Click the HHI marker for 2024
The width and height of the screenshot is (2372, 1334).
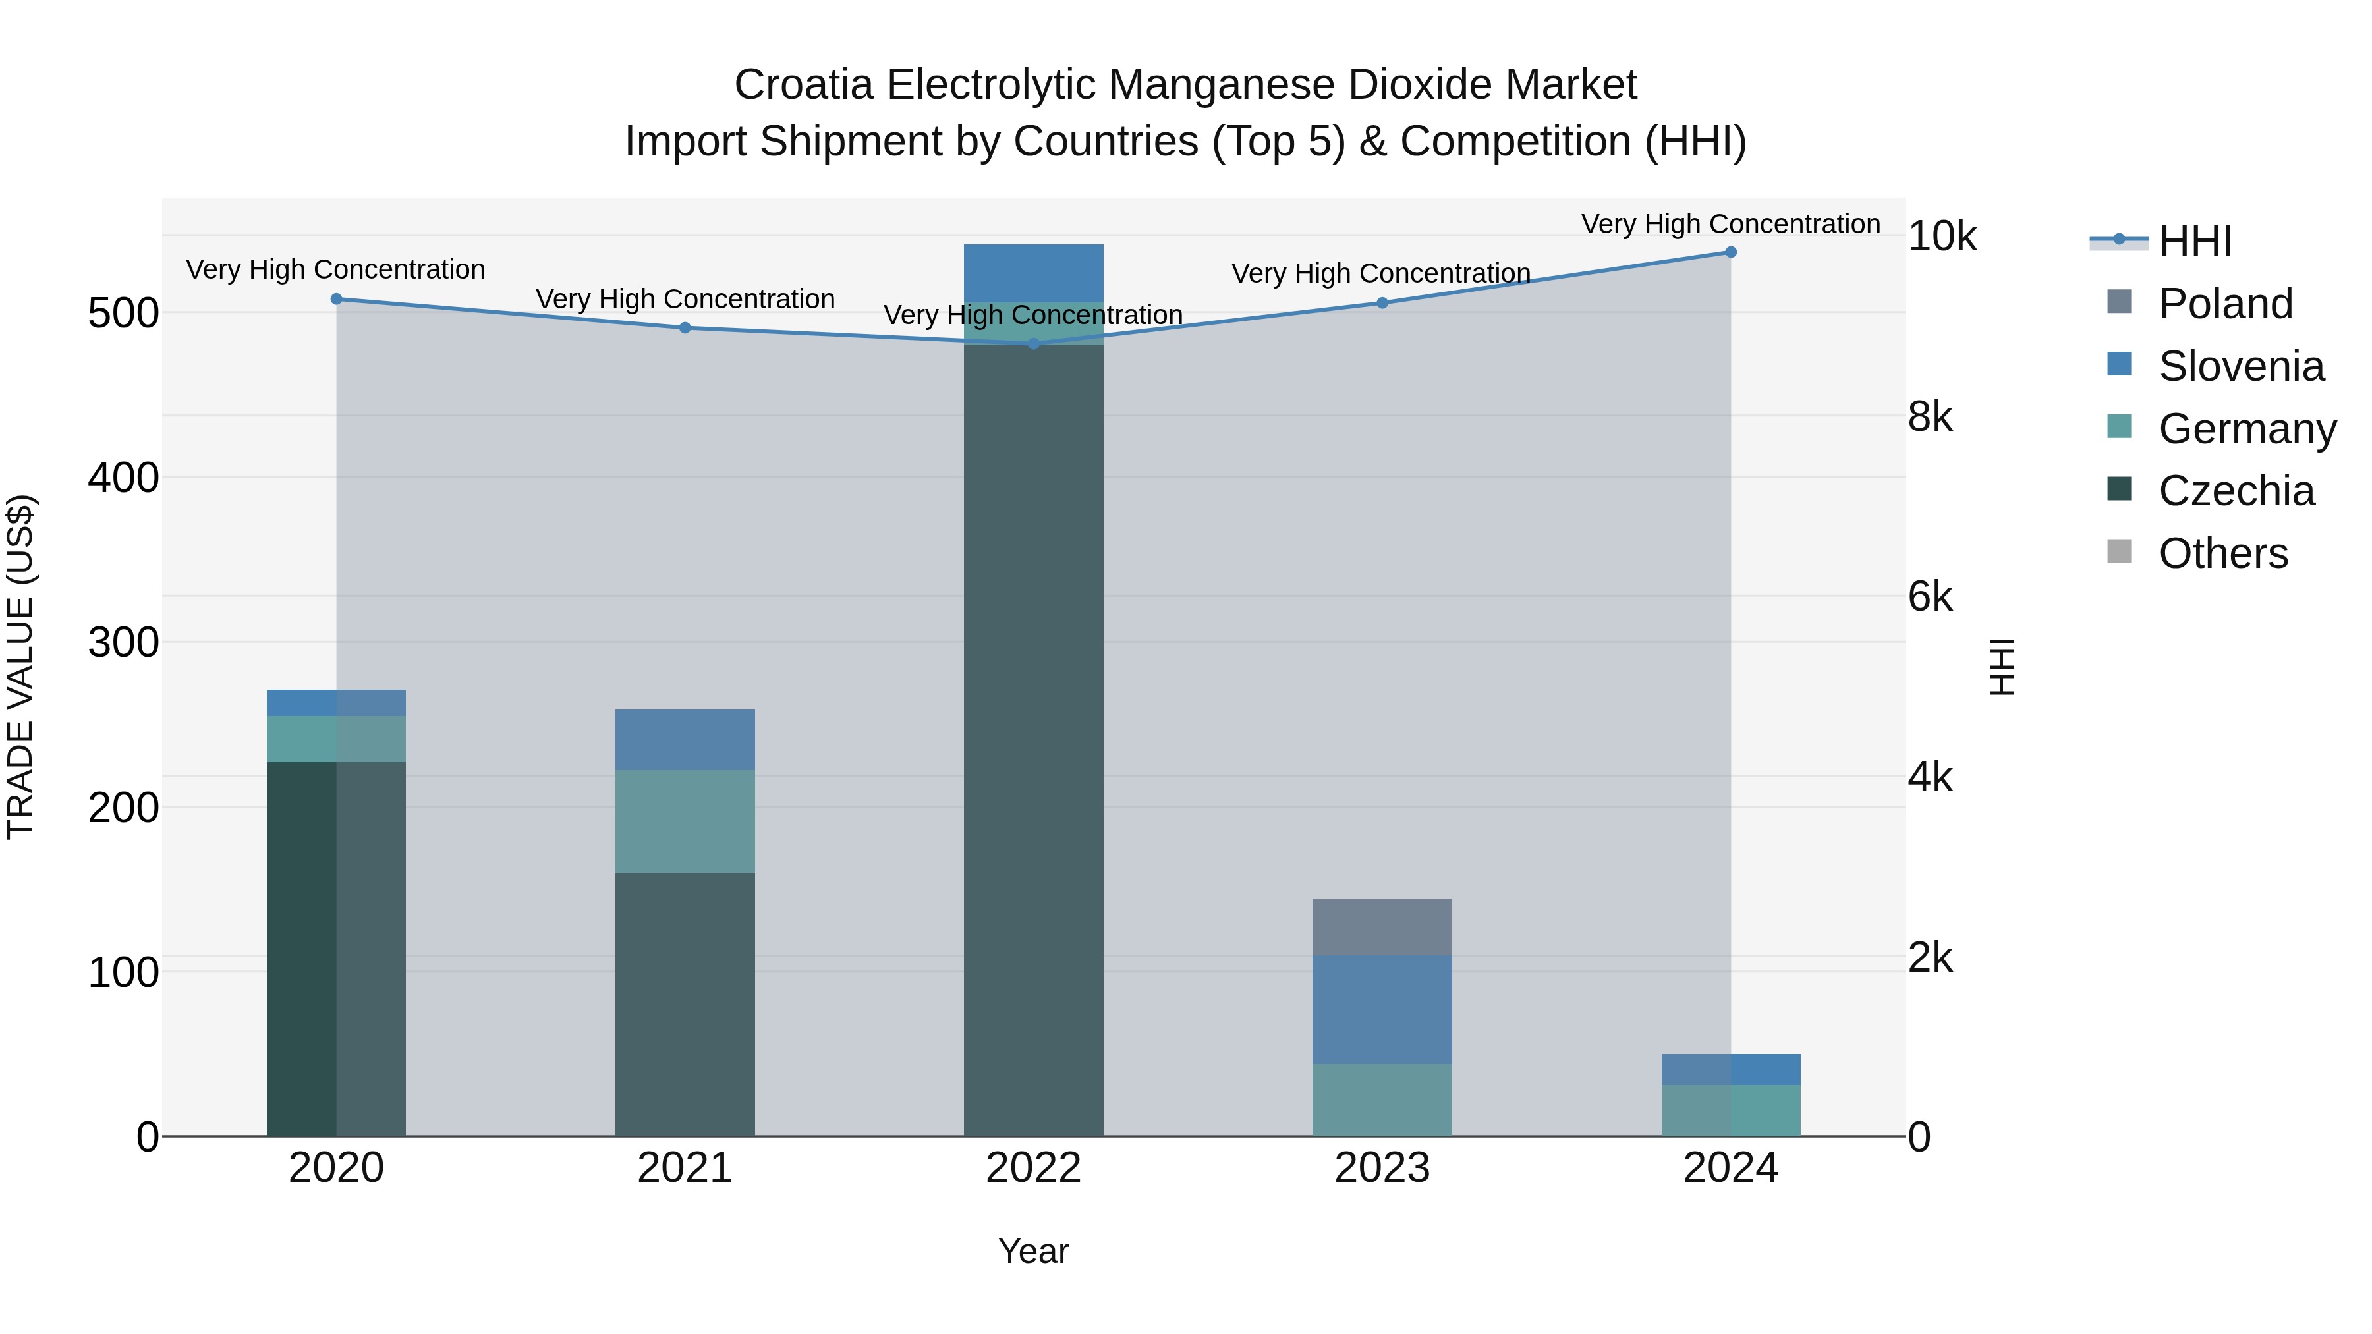[x=1730, y=252]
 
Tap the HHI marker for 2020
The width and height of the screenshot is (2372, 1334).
[x=336, y=299]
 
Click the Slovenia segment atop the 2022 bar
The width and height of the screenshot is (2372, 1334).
[x=1033, y=273]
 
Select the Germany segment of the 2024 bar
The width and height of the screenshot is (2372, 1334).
[x=1730, y=1110]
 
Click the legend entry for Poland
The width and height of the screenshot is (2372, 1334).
[x=2224, y=304]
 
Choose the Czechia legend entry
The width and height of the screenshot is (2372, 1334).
[x=2235, y=491]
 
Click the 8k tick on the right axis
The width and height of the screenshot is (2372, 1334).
[x=1930, y=417]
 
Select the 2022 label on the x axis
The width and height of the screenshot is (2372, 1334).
[x=1033, y=1168]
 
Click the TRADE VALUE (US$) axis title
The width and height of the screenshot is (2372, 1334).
[x=20, y=667]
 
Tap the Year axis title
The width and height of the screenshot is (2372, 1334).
[x=1033, y=1251]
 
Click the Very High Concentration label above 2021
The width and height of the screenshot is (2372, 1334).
[x=685, y=299]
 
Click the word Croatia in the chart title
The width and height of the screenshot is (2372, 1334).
[x=803, y=85]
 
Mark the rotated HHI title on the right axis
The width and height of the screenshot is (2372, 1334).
[x=2002, y=667]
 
